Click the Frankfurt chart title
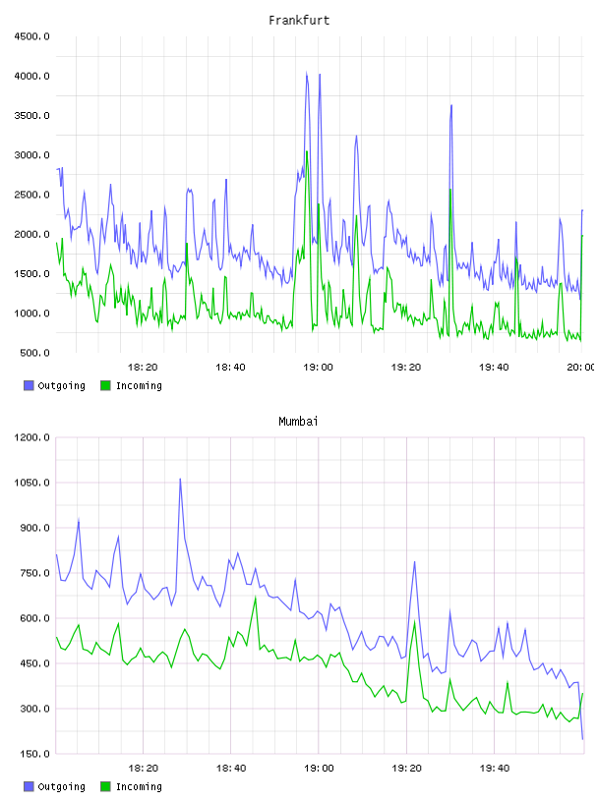(x=299, y=21)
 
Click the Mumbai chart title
(x=298, y=422)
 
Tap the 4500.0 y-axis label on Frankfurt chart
(x=31, y=36)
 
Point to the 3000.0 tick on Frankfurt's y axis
(x=31, y=155)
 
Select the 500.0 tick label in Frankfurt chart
(x=34, y=353)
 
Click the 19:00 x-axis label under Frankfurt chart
(x=318, y=368)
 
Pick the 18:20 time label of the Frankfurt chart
(x=143, y=368)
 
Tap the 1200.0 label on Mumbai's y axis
(x=31, y=437)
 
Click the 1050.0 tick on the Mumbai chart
(x=31, y=483)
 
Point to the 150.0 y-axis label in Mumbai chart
(x=34, y=754)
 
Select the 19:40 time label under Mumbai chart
(x=494, y=769)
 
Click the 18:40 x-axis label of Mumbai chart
(x=231, y=769)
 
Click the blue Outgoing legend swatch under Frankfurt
(x=29, y=385)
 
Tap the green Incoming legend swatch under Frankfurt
(x=105, y=385)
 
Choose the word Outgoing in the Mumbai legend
(x=61, y=786)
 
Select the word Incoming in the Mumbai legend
(x=139, y=786)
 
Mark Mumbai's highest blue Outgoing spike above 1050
(x=180, y=480)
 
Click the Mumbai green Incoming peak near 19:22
(x=415, y=621)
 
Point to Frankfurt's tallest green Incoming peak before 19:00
(x=307, y=152)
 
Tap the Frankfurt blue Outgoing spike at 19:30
(x=451, y=105)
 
